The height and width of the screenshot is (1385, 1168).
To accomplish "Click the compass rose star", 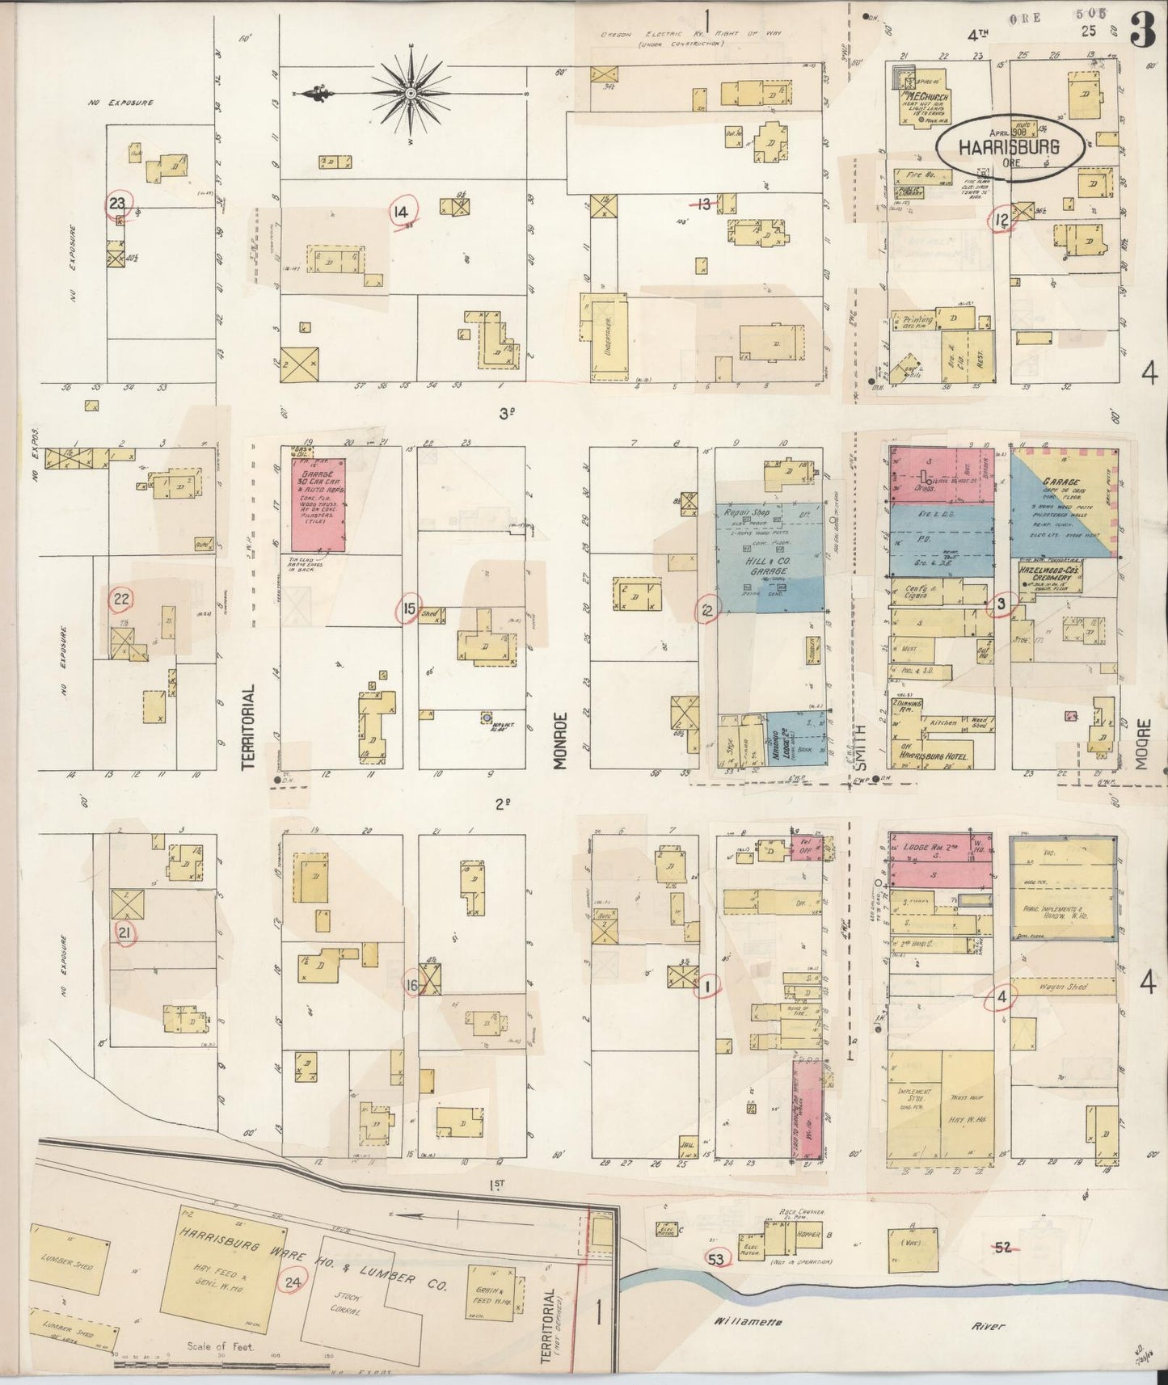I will click(x=411, y=94).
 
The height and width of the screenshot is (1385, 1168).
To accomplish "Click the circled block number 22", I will click(x=122, y=599).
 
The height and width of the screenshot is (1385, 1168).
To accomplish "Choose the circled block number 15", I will click(x=411, y=608).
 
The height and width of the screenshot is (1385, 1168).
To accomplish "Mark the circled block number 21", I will click(x=124, y=933).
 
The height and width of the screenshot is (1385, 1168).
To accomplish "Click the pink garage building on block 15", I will click(x=317, y=505).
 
